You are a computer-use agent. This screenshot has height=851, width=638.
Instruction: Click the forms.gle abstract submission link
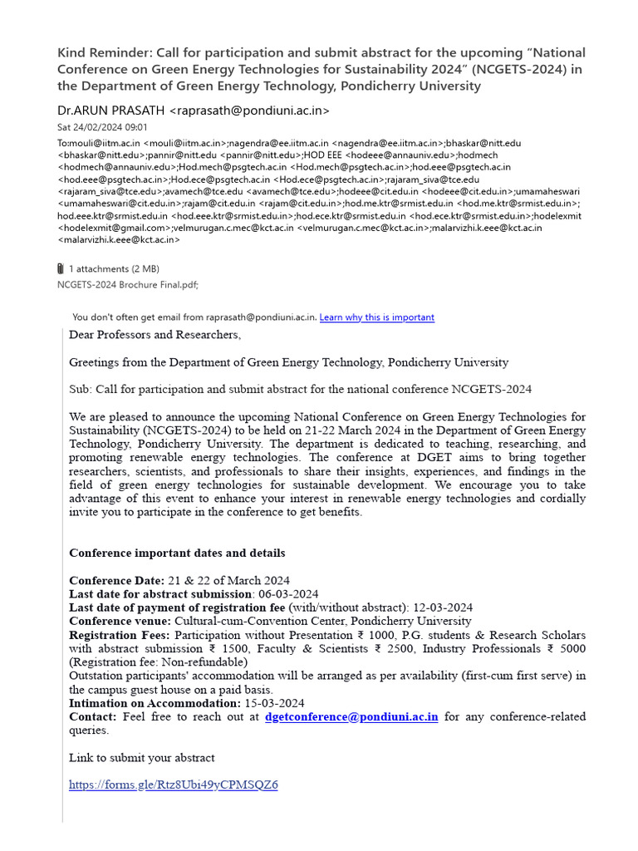point(173,785)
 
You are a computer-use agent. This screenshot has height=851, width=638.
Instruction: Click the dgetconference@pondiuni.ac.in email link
point(351,716)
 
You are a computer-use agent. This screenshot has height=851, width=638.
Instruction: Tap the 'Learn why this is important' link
point(376,317)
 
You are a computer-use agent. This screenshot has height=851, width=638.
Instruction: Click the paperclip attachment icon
point(61,268)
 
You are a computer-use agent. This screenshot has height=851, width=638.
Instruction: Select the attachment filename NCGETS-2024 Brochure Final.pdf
point(128,284)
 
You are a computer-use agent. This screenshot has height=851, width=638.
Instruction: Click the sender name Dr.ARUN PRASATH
point(111,111)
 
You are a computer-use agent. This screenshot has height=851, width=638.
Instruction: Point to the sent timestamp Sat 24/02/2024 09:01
point(102,127)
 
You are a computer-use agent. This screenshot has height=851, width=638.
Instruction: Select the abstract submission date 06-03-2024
point(287,593)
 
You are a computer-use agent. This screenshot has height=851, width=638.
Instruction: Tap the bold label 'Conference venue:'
point(120,621)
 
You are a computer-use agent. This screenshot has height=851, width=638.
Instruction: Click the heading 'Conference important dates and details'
point(177,553)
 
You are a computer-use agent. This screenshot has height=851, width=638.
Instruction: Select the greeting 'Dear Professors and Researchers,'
point(155,335)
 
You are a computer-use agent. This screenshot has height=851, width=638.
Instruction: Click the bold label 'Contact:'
point(93,716)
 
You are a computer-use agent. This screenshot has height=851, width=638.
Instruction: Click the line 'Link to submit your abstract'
point(142,757)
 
